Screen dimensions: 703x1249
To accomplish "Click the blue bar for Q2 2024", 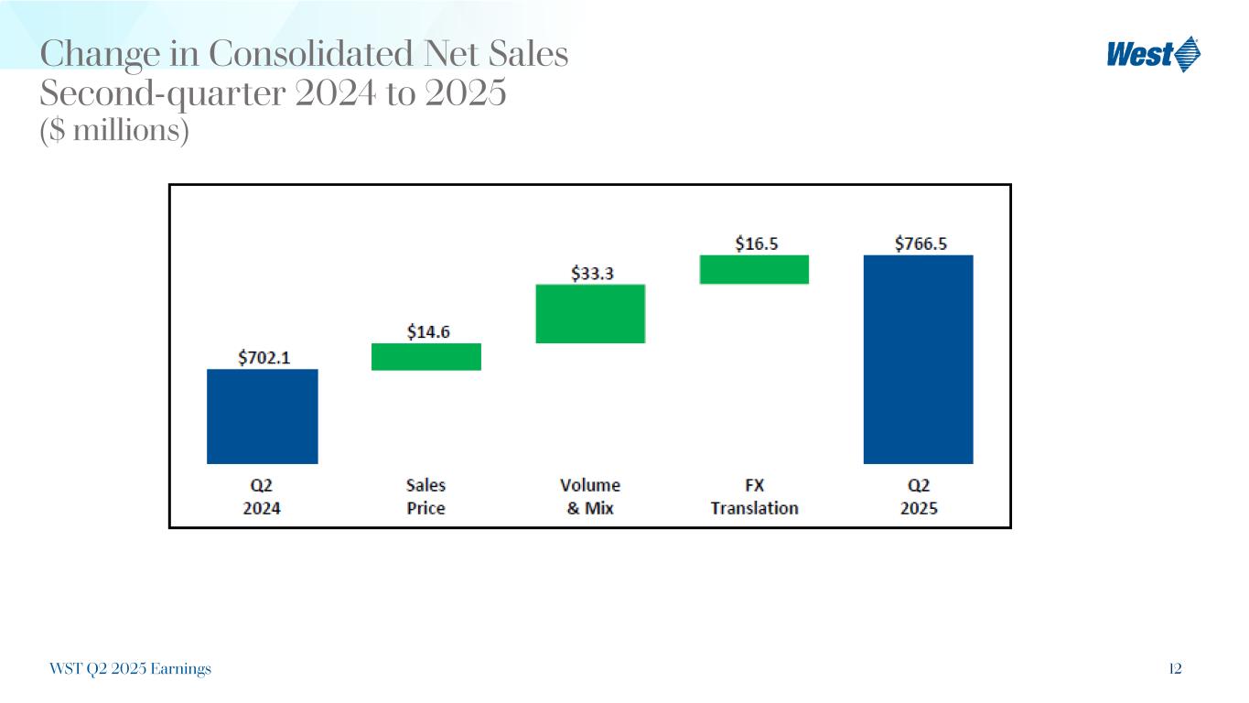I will (262, 416).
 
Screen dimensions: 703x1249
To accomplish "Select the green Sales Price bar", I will (425, 356).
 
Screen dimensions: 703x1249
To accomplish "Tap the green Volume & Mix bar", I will (590, 313).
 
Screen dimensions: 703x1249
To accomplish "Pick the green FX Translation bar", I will (754, 269).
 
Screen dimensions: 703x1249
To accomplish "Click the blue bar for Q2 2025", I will (918, 359).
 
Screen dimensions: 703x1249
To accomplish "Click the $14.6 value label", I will (428, 331).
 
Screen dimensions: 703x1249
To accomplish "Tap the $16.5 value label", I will (757, 243).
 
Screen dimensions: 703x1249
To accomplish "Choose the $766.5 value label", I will (920, 243).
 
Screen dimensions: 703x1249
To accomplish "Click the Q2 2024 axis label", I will (262, 496).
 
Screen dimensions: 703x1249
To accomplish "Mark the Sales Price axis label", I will (425, 496).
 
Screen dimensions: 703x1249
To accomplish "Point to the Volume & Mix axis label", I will (590, 496).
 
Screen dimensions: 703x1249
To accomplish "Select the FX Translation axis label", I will (754, 496).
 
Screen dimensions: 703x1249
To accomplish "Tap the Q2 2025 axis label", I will (919, 496).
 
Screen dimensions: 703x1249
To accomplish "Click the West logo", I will (1153, 55).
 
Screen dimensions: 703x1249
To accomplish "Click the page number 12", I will (1175, 669).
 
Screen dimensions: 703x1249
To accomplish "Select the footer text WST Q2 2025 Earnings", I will (130, 669).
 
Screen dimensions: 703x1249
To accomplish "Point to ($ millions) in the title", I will (114, 132).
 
